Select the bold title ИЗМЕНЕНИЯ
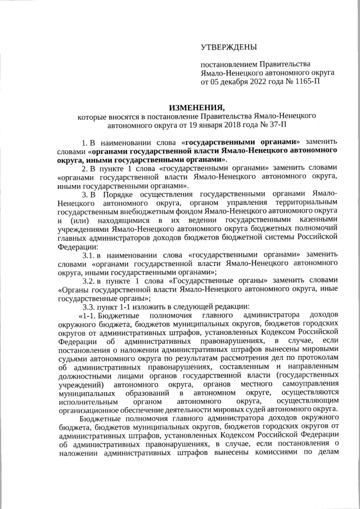(x=197, y=107)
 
